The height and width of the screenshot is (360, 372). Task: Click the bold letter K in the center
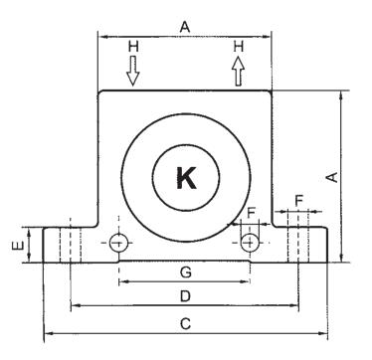pos(185,177)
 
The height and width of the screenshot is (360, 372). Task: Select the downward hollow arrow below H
pos(133,71)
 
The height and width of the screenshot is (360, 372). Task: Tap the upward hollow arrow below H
pos(237,71)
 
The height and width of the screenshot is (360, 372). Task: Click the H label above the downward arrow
pos(133,47)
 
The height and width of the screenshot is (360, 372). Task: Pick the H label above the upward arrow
pos(237,46)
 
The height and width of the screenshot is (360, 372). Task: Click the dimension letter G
pos(184,270)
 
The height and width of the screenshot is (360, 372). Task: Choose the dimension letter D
pos(184,295)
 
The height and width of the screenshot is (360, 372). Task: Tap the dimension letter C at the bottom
pos(184,322)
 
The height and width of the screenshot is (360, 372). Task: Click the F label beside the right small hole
pos(251,212)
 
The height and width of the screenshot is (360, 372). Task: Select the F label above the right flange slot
pos(298,199)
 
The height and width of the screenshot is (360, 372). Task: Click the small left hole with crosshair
pos(118,243)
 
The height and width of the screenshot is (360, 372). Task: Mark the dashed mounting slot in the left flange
pos(70,244)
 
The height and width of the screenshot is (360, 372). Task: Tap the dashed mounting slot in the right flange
pos(299,244)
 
